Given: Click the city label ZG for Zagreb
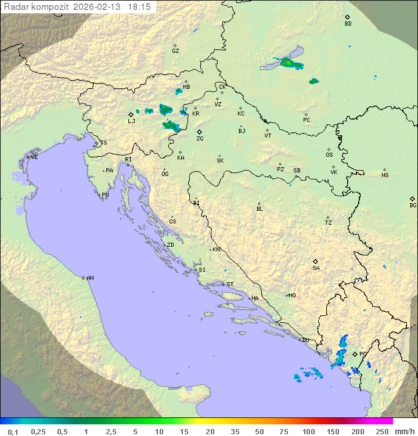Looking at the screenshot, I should click(200, 139).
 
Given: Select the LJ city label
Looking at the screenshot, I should click(131, 121).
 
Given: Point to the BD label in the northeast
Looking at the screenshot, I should click(348, 24).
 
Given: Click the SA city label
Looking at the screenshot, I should click(316, 268).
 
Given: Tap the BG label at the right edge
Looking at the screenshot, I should click(413, 205).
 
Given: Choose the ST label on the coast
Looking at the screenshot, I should click(230, 284).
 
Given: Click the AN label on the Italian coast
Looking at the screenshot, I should click(90, 278).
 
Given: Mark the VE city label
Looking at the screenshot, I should click(34, 157).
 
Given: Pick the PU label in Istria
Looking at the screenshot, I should click(105, 195).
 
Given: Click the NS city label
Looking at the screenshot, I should click(385, 175).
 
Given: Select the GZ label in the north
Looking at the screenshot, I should click(175, 51).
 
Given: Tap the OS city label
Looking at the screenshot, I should click(329, 155).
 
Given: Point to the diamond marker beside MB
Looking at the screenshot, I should click(186, 82).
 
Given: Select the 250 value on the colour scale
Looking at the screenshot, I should click(381, 431).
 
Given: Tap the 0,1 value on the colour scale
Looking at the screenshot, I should click(13, 431).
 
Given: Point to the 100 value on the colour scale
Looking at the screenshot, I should click(308, 431).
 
